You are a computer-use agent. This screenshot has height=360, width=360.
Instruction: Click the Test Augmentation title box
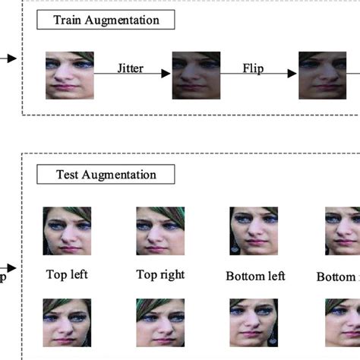pos(106,175)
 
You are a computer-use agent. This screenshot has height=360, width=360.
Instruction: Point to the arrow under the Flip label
pos(258,74)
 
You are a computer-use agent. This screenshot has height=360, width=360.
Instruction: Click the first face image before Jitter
pos(70,75)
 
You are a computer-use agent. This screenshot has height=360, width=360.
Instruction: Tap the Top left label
pos(67,274)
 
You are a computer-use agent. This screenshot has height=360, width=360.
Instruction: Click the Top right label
pos(160,274)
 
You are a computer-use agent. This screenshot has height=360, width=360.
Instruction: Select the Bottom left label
pos(256,276)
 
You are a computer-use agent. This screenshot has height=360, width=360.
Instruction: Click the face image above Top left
pos(67,231)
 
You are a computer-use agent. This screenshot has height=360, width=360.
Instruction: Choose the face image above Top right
pos(159,231)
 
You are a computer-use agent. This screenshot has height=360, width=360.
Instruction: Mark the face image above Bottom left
pos(254,231)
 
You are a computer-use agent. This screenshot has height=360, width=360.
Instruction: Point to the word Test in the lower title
pos(68,175)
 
